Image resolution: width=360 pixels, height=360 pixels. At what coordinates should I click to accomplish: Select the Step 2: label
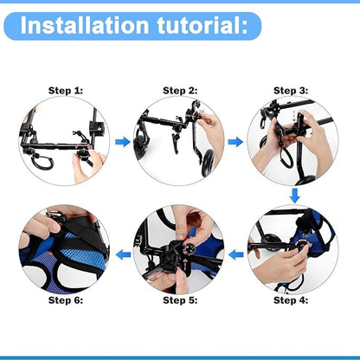click(179, 90)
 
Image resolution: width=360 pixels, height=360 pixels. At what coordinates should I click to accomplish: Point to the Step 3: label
click(292, 90)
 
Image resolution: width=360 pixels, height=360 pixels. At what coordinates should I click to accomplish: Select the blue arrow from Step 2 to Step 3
click(235, 140)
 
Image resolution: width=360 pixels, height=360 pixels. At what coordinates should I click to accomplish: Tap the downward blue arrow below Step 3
click(294, 195)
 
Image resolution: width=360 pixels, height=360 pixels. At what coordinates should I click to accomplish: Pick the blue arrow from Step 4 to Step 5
click(235, 253)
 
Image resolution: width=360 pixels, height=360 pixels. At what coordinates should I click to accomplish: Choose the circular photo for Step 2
click(178, 140)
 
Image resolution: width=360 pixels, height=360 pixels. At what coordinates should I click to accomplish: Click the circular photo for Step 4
click(292, 249)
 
